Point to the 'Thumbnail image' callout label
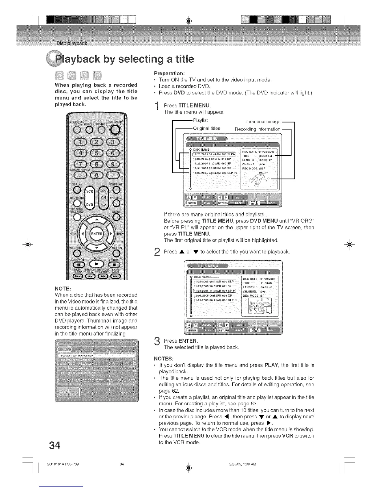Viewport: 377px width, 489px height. [x=262, y=122]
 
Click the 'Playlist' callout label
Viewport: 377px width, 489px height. [x=200, y=120]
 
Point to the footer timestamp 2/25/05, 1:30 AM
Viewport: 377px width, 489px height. [x=243, y=464]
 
